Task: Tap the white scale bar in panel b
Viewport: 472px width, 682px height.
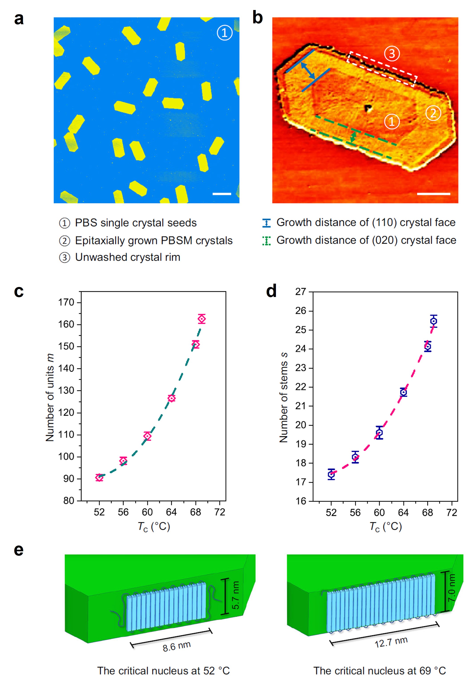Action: pyautogui.click(x=433, y=194)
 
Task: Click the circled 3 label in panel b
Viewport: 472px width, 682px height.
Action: pyautogui.click(x=392, y=54)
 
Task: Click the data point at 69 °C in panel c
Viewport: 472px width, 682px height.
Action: pyautogui.click(x=201, y=319)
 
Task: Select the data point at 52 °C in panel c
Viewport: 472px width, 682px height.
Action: pyautogui.click(x=99, y=477)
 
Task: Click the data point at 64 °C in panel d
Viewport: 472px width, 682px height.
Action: pyautogui.click(x=403, y=392)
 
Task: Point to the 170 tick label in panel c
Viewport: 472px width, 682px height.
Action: pyautogui.click(x=66, y=302)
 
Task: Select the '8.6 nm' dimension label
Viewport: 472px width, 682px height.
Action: pyautogui.click(x=177, y=646)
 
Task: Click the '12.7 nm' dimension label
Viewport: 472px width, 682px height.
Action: pyautogui.click(x=391, y=642)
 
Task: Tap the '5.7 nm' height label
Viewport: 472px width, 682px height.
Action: pyautogui.click(x=235, y=595)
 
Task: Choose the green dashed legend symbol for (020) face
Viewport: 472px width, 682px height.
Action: pyautogui.click(x=266, y=240)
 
